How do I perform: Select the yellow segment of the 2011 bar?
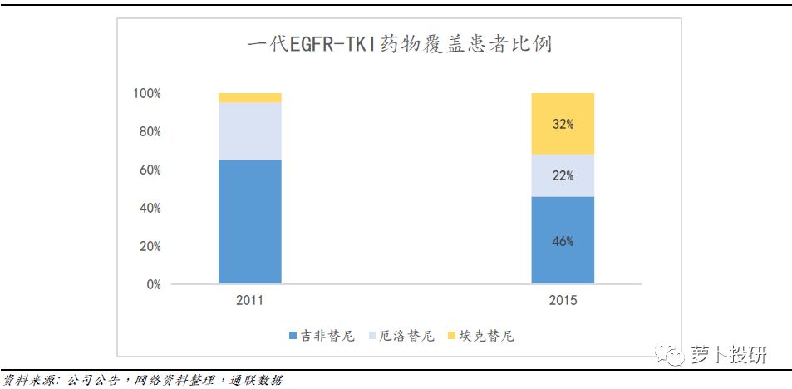[x=249, y=97]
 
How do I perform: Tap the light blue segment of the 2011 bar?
[x=249, y=130]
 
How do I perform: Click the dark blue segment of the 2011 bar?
[x=249, y=221]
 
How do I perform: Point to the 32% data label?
[x=563, y=124]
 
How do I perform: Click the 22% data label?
[x=563, y=175]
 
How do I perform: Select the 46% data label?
[x=563, y=241]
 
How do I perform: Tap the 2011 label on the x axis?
[x=249, y=301]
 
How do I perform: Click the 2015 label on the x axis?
[x=563, y=301]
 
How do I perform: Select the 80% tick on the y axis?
[x=150, y=132]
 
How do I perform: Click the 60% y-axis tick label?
[x=150, y=170]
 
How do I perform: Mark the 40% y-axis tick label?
[x=150, y=209]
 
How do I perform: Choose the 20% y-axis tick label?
[x=150, y=247]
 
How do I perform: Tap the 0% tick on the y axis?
[x=153, y=285]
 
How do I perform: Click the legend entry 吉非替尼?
[x=321, y=336]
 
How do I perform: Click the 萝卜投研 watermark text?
[x=729, y=356]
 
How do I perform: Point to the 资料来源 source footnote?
[x=142, y=381]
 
